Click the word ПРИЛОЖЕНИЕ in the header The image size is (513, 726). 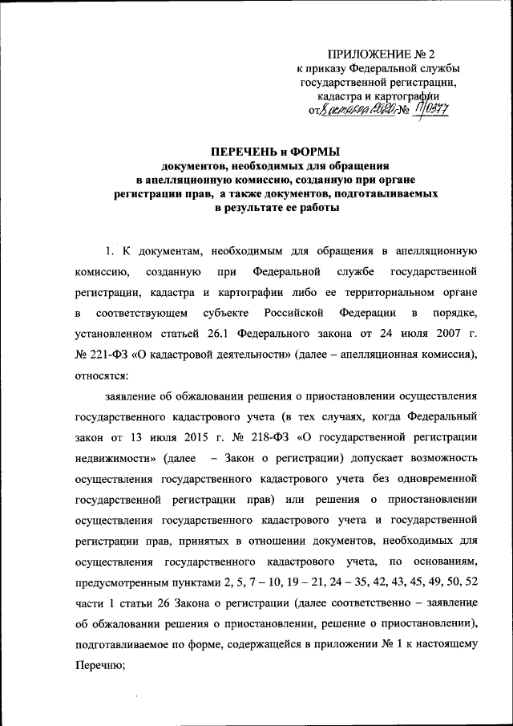(x=364, y=55)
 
